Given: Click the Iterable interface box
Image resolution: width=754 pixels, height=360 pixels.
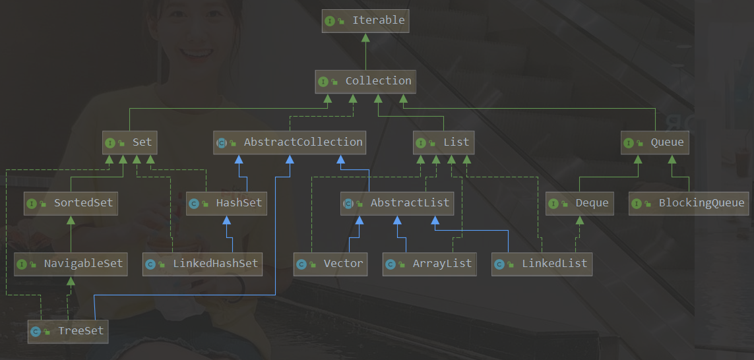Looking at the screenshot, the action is click(x=365, y=20).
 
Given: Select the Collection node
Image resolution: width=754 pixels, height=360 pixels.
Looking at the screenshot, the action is click(x=365, y=81).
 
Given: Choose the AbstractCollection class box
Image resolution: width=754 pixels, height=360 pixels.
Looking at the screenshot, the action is click(x=290, y=142).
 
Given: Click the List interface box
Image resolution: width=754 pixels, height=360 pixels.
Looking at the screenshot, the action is click(x=444, y=142).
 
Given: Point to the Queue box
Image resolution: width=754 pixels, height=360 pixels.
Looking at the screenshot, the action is click(x=655, y=142).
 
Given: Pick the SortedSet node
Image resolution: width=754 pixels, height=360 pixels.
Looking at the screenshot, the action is click(x=71, y=203).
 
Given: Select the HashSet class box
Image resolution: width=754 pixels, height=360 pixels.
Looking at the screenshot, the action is click(x=226, y=203).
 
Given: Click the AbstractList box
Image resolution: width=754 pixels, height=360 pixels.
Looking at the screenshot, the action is click(x=396, y=203).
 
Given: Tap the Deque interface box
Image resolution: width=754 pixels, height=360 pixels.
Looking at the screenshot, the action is click(x=579, y=203).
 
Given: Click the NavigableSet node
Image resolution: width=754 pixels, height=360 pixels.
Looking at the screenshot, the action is click(x=71, y=264).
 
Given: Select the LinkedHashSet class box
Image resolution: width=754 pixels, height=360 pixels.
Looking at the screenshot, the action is click(x=203, y=264).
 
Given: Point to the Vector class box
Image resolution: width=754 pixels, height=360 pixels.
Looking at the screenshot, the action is click(x=330, y=264).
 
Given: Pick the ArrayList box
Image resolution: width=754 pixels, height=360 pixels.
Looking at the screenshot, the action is click(x=430, y=264).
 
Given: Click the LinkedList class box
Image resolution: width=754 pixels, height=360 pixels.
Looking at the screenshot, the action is click(x=542, y=264).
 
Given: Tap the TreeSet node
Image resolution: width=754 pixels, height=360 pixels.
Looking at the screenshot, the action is click(x=68, y=331).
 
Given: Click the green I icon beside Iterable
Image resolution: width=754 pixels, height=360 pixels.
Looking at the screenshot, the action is click(x=330, y=21).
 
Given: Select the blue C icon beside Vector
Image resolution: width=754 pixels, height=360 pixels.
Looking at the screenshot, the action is click(x=301, y=264).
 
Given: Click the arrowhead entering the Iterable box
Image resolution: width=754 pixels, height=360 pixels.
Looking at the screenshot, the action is click(x=365, y=37).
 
